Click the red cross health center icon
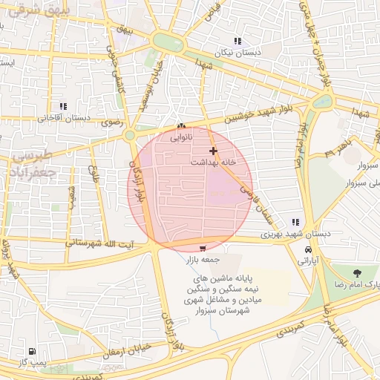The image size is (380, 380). click(214, 151)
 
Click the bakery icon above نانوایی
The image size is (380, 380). click(181, 126)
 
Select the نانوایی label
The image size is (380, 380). click(181, 137)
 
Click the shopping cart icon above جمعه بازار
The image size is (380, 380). click(203, 248)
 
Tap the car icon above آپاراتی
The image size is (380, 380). click(307, 249)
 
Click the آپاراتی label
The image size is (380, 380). click(307, 261)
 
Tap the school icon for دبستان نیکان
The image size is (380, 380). click(237, 42)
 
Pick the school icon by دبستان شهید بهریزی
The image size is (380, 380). click(295, 222)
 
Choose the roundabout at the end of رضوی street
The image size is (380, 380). click(130, 135)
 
